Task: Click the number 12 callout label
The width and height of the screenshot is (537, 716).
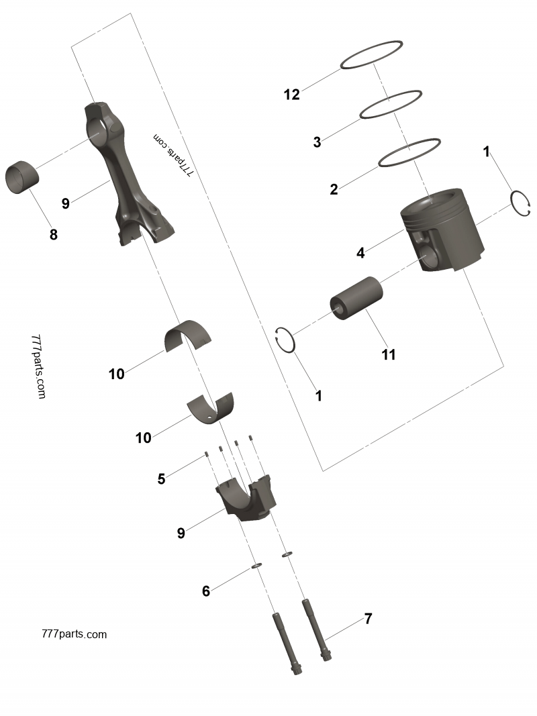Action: pyautogui.click(x=291, y=95)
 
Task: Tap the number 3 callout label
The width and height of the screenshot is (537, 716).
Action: pyautogui.click(x=317, y=142)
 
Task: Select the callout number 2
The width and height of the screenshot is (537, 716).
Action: pyautogui.click(x=334, y=189)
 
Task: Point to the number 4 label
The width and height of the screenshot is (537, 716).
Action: pyautogui.click(x=360, y=253)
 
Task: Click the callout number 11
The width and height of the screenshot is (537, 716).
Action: pyautogui.click(x=389, y=355)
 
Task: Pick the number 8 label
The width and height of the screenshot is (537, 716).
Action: pyautogui.click(x=54, y=235)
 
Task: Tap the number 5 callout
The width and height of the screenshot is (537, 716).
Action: pyautogui.click(x=161, y=478)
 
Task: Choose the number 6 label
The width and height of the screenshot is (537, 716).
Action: pyautogui.click(x=206, y=591)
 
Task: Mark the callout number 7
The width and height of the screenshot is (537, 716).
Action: pyautogui.click(x=368, y=619)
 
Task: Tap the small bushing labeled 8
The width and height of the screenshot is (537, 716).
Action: pyautogui.click(x=23, y=176)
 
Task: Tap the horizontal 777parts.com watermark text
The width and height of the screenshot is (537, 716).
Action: pyautogui.click(x=74, y=633)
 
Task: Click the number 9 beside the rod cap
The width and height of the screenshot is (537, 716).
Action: pyautogui.click(x=181, y=533)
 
